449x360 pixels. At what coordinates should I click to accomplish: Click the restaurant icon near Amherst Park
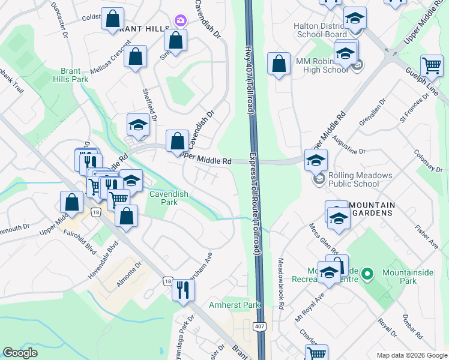pos(183,290)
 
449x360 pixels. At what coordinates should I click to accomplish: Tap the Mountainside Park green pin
pos(369,274)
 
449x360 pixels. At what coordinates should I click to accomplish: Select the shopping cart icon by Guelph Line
pos(432,65)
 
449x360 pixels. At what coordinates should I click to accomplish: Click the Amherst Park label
pos(235,305)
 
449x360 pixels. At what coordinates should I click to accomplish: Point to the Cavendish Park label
pos(169,198)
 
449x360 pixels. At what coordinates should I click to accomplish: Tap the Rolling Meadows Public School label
pos(360,179)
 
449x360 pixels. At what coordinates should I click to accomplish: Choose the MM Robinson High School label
pos(321,65)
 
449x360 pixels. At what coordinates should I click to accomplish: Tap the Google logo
pos(20,353)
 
